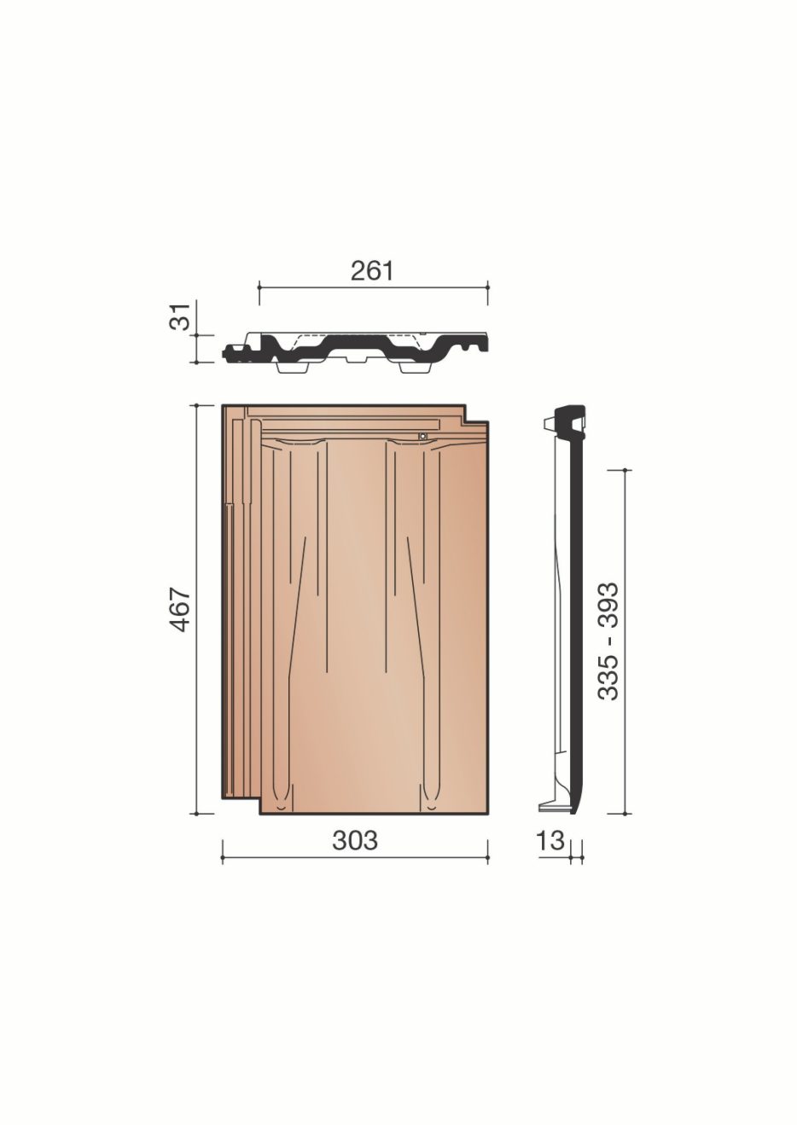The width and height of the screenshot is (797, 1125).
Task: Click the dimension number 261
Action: tap(371, 271)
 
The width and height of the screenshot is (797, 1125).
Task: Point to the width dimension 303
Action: tap(355, 840)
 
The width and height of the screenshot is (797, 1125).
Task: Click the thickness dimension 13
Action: tap(551, 840)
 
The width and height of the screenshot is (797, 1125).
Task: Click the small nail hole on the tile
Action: tap(423, 437)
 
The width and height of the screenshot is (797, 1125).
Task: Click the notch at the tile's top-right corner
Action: tap(476, 413)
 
